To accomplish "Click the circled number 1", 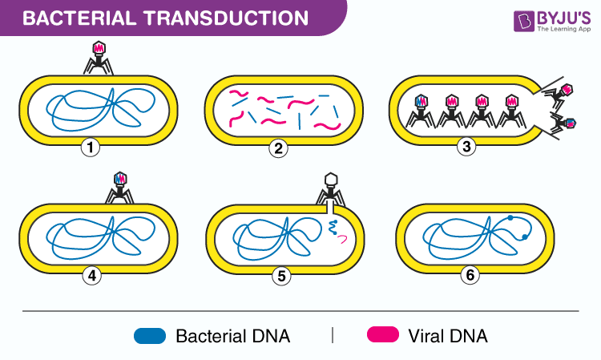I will point(92,148).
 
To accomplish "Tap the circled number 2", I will point(278,148).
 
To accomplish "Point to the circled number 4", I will point(92,276).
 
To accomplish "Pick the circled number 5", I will point(280,276).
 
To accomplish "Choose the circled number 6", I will point(470,276).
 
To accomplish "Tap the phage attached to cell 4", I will point(121,186).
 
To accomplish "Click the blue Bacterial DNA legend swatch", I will point(150,335).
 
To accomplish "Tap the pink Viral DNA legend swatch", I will point(384,335).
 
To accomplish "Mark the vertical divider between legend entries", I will point(332,334).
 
